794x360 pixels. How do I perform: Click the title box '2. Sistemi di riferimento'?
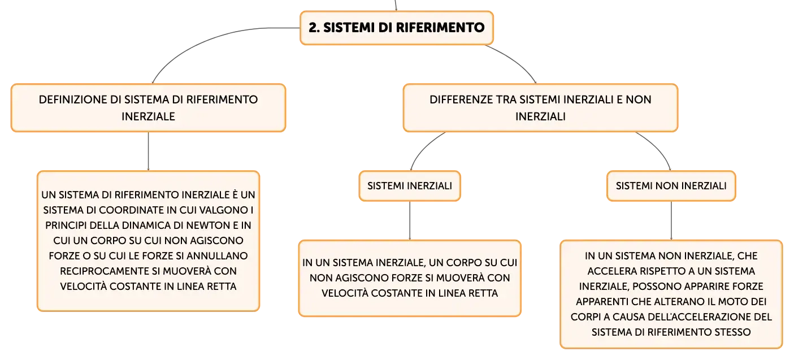(x=397, y=28)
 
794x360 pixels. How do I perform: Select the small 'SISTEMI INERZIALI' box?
(x=410, y=186)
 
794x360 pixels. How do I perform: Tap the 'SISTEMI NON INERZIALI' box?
(x=671, y=186)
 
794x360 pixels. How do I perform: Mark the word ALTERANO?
(x=669, y=302)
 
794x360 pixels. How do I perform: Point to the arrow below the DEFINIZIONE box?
(x=148, y=151)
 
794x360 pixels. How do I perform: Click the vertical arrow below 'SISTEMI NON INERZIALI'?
(x=671, y=221)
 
